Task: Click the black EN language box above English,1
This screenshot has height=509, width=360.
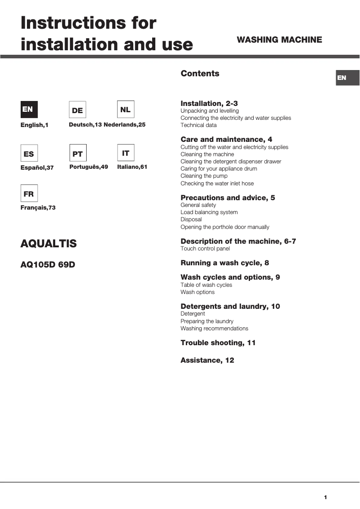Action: (29, 110)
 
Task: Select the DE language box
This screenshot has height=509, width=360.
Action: (77, 110)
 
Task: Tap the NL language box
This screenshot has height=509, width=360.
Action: (125, 110)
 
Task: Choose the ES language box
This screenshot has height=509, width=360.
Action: (29, 154)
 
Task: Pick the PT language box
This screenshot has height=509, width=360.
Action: (78, 154)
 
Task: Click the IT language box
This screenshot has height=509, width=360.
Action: (125, 153)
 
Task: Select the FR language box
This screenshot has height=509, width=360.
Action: (29, 193)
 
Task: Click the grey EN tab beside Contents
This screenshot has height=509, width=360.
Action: (347, 78)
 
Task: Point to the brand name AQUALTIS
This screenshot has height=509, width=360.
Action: (48, 244)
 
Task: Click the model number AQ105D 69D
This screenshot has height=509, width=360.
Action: (48, 265)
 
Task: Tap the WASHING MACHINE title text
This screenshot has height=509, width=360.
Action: (279, 40)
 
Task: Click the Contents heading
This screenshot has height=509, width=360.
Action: (200, 74)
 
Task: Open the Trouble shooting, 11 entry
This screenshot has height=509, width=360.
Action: (218, 343)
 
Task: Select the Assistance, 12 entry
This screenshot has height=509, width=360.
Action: (207, 360)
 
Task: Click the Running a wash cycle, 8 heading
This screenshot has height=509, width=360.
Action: (224, 263)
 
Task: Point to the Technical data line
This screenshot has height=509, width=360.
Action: (198, 125)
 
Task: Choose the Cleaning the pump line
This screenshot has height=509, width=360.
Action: (204, 176)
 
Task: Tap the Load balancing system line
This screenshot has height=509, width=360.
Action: (209, 212)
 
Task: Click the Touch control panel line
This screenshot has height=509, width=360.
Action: (205, 249)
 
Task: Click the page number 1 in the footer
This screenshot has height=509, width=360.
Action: (325, 497)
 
